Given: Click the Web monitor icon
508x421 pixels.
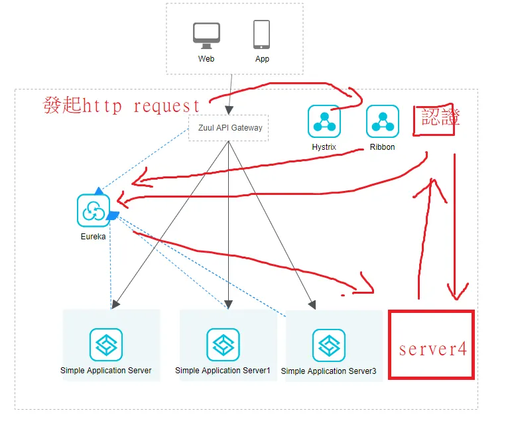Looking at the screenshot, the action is click(x=206, y=36).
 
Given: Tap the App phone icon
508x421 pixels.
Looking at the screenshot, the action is click(x=261, y=34).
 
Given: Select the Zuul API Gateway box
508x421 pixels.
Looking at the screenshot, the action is click(x=228, y=128).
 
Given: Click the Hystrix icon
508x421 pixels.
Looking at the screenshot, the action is click(x=324, y=121).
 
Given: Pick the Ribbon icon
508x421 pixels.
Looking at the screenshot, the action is click(x=382, y=121).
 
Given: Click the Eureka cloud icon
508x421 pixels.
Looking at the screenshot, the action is click(x=94, y=211).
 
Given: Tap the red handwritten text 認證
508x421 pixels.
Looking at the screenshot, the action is click(x=440, y=117).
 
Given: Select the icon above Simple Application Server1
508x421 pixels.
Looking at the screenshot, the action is click(x=223, y=345).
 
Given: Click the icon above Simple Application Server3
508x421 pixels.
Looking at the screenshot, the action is click(x=328, y=345).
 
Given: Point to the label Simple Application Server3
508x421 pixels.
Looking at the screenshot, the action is click(x=328, y=371).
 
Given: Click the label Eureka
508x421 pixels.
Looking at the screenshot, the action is click(x=94, y=237).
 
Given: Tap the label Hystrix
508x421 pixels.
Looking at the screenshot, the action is click(x=324, y=147).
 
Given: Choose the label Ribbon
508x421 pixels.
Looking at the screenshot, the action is click(x=382, y=147).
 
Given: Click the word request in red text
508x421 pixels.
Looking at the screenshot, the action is click(x=166, y=106).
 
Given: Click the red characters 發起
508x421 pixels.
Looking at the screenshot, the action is click(x=62, y=105).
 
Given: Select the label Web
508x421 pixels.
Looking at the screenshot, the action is click(x=206, y=59).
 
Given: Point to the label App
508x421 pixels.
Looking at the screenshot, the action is click(x=262, y=59).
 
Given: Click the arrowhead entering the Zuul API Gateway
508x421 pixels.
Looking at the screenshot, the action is click(x=229, y=111).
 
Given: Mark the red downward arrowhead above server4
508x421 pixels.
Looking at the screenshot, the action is click(x=457, y=292).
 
